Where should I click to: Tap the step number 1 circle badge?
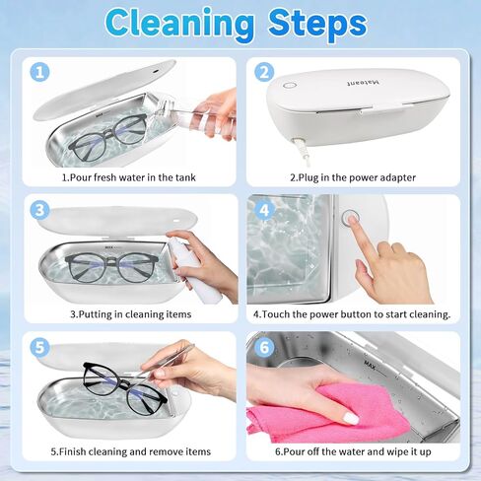point(39,72)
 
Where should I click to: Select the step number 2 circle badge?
point(264,72)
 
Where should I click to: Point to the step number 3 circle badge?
point(39,210)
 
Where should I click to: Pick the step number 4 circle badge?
point(264,210)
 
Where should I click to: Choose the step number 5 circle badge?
point(39,347)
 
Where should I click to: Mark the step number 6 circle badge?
point(264,347)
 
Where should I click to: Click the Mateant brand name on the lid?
point(363,82)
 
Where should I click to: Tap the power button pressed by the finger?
point(350,217)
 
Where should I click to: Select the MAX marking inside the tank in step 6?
point(370,364)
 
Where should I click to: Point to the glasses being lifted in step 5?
point(125,388)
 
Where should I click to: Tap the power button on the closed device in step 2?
point(289,86)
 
